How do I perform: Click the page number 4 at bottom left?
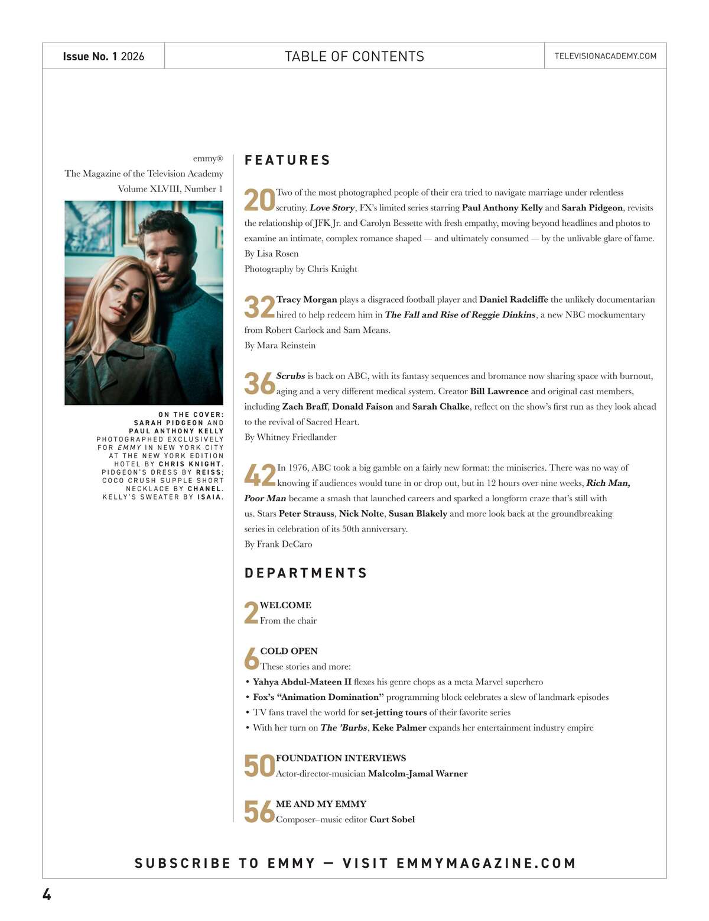[47, 894]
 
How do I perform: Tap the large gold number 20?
[259, 200]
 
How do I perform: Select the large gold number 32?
[259, 307]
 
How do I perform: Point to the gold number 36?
[259, 384]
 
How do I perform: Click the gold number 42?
[259, 475]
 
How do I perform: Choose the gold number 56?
[259, 812]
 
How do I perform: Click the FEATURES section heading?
[287, 160]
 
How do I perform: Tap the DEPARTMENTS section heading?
[305, 573]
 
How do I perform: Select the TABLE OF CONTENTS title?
[354, 56]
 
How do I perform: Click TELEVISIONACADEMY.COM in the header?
[605, 56]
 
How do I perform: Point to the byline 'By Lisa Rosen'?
[271, 254]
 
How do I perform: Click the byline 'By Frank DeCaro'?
[278, 544]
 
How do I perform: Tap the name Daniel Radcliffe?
[513, 300]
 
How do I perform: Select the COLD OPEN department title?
[289, 651]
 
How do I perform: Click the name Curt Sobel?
[392, 819]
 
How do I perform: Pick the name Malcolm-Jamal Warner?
[418, 773]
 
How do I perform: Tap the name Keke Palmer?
[399, 728]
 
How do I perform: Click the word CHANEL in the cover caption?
[204, 489]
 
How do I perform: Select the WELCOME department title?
[285, 605]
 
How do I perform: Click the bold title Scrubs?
[291, 376]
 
